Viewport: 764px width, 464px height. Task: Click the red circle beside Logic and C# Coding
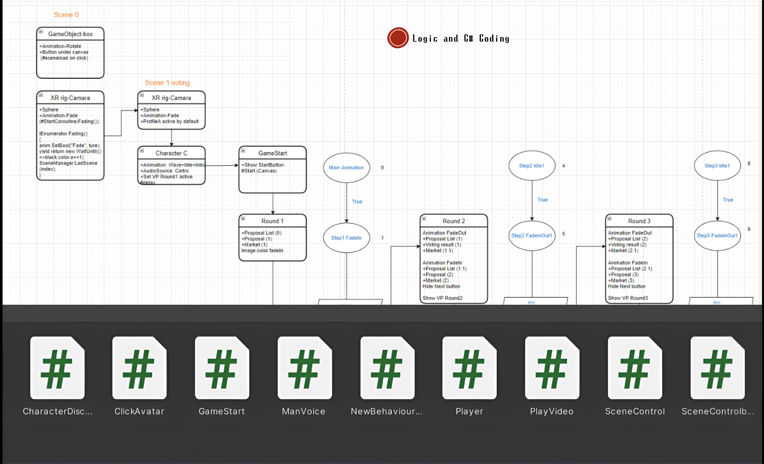398,38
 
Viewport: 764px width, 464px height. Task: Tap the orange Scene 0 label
66,15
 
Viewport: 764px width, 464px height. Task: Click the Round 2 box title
454,221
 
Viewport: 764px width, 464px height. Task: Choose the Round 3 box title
639,221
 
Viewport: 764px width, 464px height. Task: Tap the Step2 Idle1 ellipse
532,166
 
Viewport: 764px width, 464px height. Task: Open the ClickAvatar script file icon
139,368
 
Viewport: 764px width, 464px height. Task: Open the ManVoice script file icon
305,368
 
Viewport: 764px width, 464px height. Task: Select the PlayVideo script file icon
552,368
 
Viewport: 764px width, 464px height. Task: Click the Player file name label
469,411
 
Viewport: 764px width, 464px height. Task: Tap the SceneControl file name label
635,411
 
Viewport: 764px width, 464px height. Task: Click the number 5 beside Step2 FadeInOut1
563,234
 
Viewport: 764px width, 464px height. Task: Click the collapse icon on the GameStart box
243,151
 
